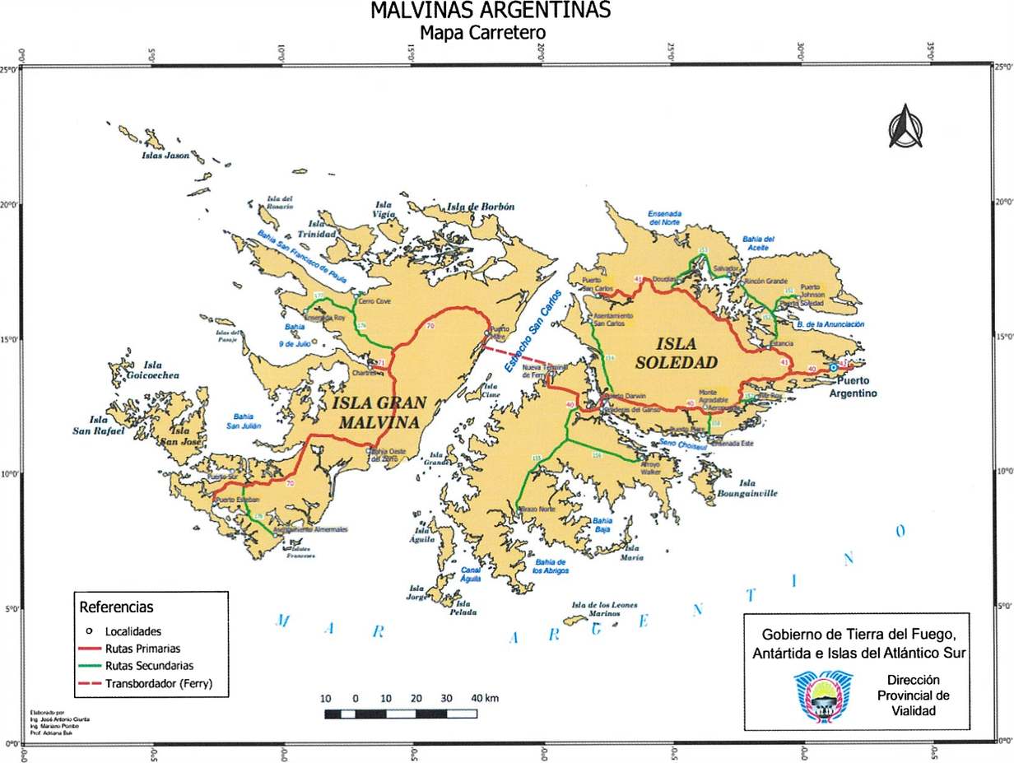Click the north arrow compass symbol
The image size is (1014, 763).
pos(905,127)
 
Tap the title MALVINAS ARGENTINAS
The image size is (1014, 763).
pos(491,12)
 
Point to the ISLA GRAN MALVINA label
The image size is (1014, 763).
pos(378,412)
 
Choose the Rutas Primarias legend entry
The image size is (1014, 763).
pos(142,649)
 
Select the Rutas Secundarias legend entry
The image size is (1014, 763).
pos(149,666)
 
